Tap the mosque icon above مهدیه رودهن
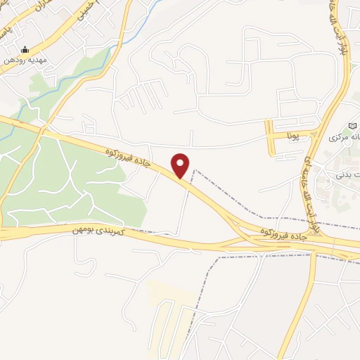pos(25,50)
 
